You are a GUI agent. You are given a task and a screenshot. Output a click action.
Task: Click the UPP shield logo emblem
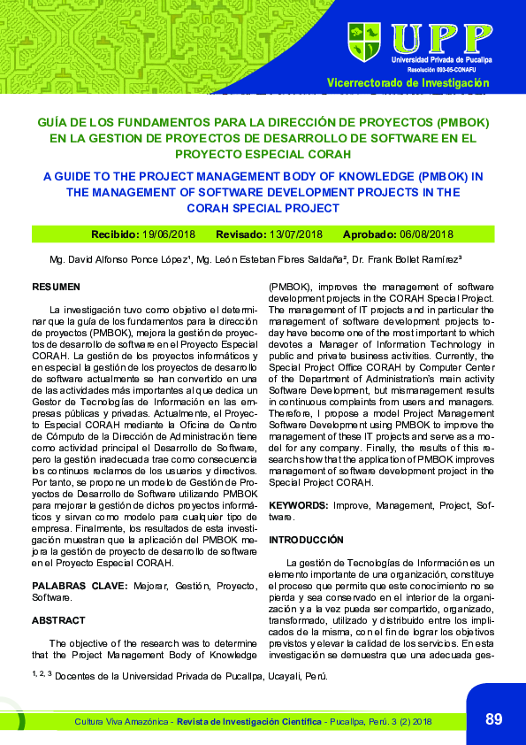point(364,42)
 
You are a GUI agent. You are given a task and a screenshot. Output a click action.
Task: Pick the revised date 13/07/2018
point(296,234)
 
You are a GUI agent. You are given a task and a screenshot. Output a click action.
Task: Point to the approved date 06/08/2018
point(426,234)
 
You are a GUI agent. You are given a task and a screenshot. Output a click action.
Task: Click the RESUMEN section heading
point(56,288)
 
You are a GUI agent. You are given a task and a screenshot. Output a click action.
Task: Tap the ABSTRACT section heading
point(58,620)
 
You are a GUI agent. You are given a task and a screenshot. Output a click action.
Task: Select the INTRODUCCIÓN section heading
point(305,539)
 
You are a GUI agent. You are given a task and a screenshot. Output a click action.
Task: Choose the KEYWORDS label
point(298,505)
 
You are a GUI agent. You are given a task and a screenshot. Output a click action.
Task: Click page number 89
point(493,719)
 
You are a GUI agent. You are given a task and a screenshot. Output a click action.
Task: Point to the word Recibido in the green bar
point(115,234)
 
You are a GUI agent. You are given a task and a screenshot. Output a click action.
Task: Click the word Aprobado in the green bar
point(370,234)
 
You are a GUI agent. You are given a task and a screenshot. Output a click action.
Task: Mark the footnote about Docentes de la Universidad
point(181,676)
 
